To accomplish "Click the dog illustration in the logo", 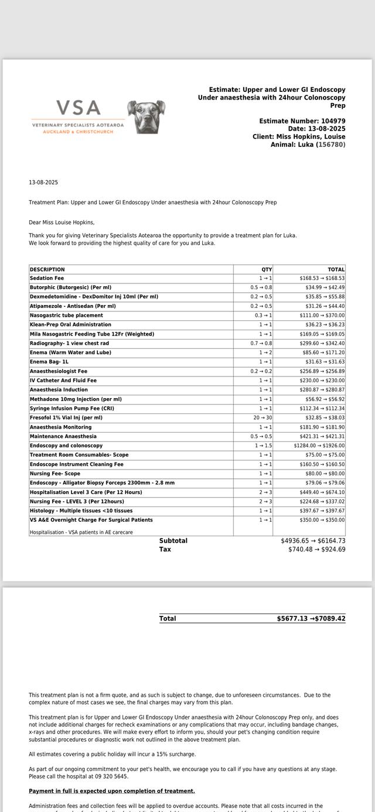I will coord(146,117).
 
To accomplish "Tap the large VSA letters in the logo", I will coord(79,108).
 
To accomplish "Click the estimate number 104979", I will coord(333,121).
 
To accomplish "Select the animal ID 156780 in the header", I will coord(332,145).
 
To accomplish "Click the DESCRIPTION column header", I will coord(47,269).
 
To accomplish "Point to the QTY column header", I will coord(267,269).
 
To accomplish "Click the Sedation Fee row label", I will coord(47,278).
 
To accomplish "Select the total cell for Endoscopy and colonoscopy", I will coord(319,446).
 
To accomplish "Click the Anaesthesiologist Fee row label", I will coord(59,371).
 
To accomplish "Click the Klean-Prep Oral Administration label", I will coord(70,324).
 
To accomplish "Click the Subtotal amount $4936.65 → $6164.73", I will coord(313,541).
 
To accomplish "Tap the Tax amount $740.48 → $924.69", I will coord(316,549).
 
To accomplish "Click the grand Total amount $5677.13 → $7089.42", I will coord(311,618).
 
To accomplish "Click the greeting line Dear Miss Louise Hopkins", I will coord(62,222).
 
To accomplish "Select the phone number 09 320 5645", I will coord(111,776).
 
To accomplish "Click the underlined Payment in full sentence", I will coord(112,791).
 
